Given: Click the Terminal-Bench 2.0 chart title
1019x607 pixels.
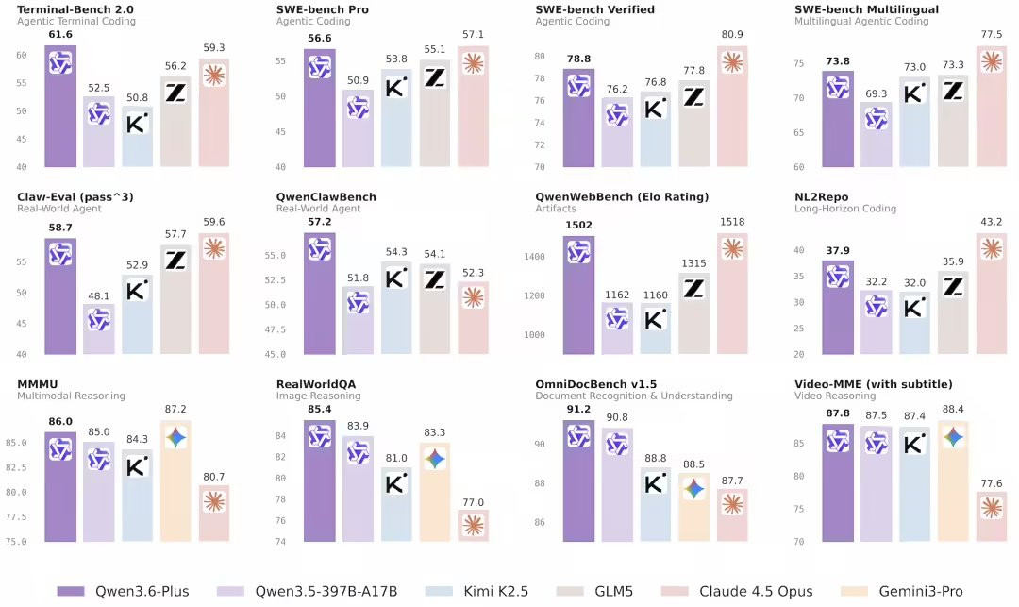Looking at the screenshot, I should point(73,9).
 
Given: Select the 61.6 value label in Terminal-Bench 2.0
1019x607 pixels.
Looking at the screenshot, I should point(60,34).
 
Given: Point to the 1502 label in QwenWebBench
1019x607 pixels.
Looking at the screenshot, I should point(578,225).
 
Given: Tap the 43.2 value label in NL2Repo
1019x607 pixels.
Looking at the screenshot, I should point(992,222).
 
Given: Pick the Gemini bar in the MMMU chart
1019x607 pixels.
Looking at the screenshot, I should point(175,481).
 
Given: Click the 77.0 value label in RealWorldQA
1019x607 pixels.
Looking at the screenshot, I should point(473,501).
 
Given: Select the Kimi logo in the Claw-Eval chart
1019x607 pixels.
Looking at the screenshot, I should point(138,290).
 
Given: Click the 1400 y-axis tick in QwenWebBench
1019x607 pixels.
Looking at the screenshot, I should point(536,257).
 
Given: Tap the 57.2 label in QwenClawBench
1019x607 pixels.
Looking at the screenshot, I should point(320,222).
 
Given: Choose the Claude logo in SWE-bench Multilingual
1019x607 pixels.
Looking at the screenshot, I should point(992,61).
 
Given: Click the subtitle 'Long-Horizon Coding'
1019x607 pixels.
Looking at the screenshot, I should point(845,209).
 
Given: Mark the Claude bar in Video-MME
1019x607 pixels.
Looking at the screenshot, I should point(992,516).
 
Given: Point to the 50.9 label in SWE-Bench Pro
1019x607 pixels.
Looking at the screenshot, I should point(358,80).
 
